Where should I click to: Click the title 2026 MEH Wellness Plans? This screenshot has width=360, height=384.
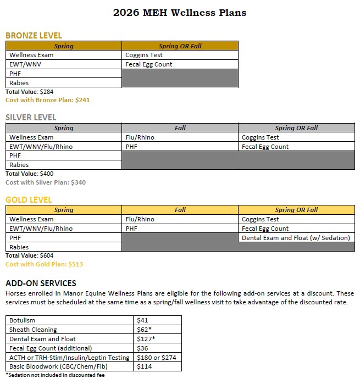(x=180, y=13)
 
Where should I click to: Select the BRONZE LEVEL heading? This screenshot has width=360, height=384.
(x=34, y=36)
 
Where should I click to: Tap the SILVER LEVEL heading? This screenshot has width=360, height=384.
(x=31, y=118)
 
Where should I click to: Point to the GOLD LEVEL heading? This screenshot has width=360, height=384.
(x=29, y=199)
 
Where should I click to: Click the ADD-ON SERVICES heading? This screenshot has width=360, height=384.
(x=41, y=283)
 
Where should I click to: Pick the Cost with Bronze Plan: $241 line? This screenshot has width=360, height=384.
(x=47, y=101)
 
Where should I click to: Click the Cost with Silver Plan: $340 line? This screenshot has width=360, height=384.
(x=46, y=182)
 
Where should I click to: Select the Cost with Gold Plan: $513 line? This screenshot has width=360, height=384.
(x=44, y=264)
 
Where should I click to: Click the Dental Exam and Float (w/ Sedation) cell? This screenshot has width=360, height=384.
(x=296, y=238)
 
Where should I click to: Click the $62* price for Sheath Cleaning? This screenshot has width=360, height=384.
(x=144, y=329)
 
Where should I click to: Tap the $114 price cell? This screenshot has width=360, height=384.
(x=143, y=366)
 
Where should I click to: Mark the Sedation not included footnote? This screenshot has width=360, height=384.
(x=55, y=375)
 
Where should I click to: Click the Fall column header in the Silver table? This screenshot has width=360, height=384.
(x=180, y=128)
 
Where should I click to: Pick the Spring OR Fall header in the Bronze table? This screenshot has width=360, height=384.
(x=180, y=46)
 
